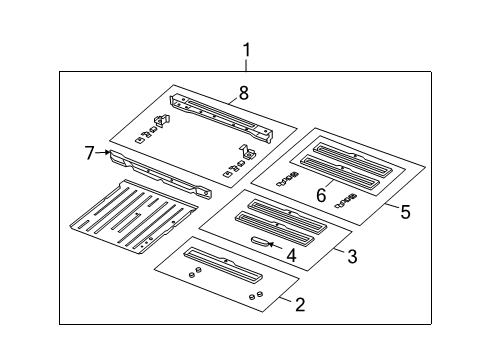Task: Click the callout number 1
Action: [246, 49]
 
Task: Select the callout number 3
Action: [351, 257]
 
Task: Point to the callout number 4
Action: [292, 255]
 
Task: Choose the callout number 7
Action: [90, 152]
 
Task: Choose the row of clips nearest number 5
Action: [350, 200]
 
